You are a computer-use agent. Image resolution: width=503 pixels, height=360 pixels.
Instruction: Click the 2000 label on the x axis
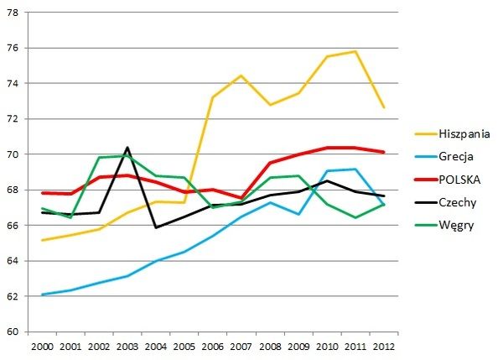42,345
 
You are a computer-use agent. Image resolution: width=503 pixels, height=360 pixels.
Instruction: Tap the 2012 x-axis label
384,345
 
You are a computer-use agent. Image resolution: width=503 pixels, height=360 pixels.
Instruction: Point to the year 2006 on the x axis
213,345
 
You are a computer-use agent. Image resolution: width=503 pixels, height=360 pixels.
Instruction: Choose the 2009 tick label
298,345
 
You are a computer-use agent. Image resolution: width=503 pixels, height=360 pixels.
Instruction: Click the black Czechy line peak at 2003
127,148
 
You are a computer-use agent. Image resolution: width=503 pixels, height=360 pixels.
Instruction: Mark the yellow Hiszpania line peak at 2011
355,51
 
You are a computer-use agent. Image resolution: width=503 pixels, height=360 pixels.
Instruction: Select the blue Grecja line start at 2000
42,295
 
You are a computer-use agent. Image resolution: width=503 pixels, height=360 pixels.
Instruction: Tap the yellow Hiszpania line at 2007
241,76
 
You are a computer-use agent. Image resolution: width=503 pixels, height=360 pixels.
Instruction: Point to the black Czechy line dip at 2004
156,227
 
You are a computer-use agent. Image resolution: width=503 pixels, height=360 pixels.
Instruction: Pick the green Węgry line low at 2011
355,217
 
